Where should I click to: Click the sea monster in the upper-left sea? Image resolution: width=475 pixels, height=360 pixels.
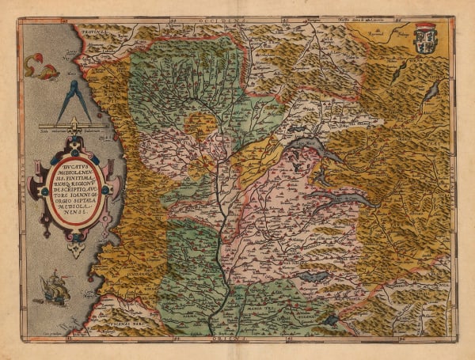pyautogui.click(x=38, y=66)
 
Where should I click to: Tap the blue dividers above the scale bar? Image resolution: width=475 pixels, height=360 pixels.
pyautogui.click(x=74, y=98)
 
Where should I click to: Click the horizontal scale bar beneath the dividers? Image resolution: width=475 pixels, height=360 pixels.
pyautogui.click(x=72, y=125)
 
